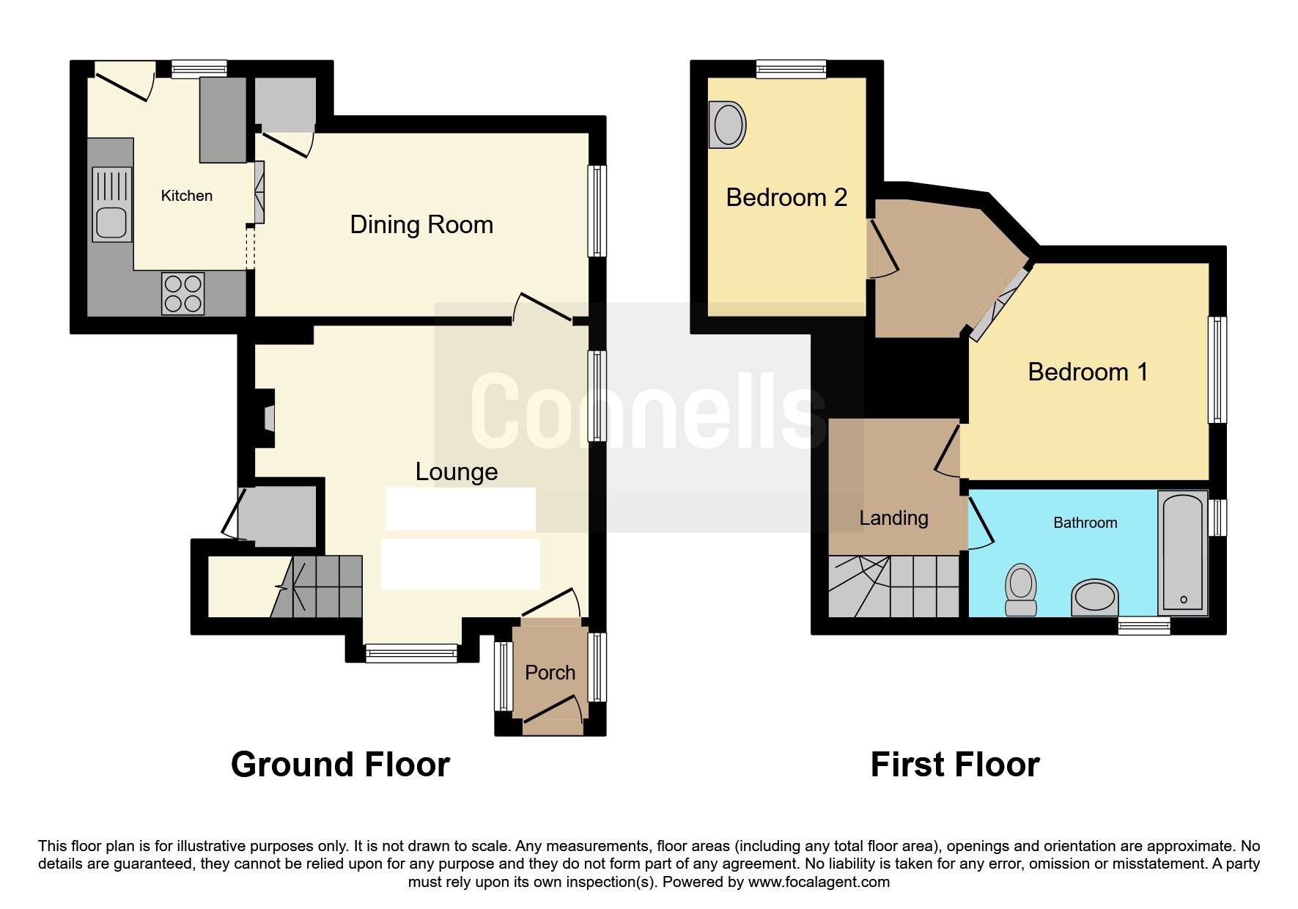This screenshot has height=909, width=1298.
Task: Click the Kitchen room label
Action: [x=187, y=196]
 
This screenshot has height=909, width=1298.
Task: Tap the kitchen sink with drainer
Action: [x=112, y=205]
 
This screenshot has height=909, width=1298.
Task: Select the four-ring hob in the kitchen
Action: [x=183, y=293]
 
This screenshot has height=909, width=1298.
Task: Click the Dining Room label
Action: [x=421, y=224]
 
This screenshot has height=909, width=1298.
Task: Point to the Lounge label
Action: [x=457, y=471]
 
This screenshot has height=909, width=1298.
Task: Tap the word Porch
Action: [x=550, y=672]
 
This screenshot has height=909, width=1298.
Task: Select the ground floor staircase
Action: [x=317, y=586]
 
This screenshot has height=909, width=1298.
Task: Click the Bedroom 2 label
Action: [x=786, y=197]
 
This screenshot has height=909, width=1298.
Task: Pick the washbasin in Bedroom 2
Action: [x=727, y=125]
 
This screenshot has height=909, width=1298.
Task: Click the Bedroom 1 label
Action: [x=1088, y=372]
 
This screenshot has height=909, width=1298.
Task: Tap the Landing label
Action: [x=893, y=518]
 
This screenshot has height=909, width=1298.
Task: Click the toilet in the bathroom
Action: [x=1021, y=589]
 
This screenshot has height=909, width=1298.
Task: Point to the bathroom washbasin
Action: [x=1095, y=597]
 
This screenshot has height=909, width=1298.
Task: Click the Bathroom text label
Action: [x=1085, y=523]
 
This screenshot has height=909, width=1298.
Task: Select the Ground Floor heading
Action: [x=340, y=765]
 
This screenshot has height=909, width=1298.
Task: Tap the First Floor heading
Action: [x=955, y=765]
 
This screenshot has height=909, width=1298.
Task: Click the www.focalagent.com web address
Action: [x=819, y=882]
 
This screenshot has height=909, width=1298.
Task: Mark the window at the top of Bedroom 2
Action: [x=792, y=70]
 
